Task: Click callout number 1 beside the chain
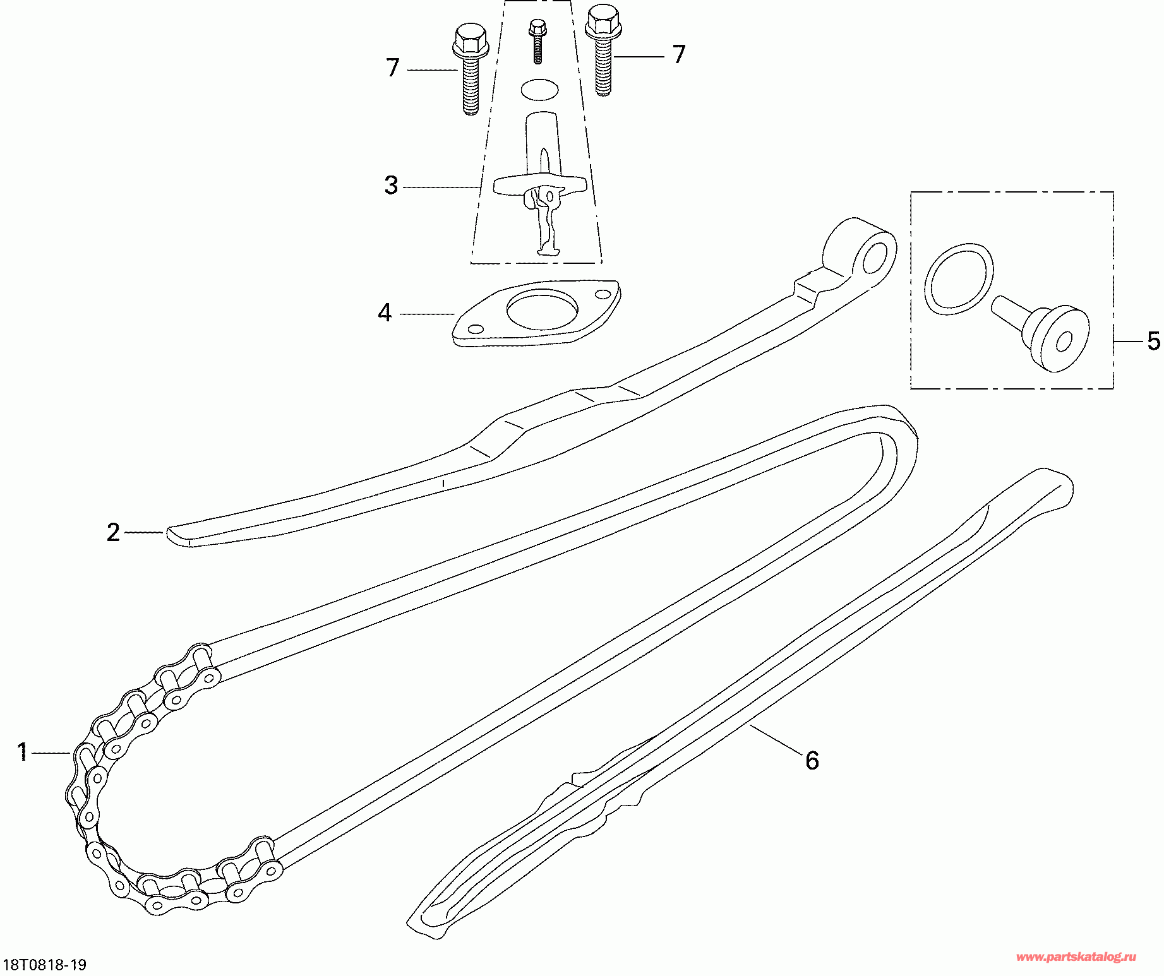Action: tap(23, 752)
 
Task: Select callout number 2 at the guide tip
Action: tap(113, 532)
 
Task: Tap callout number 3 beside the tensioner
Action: tap(392, 185)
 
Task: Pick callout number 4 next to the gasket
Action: tap(385, 312)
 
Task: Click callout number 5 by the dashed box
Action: tap(1154, 341)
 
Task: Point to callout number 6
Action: tap(812, 760)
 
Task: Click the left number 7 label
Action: tap(393, 68)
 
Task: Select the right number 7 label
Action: tap(679, 54)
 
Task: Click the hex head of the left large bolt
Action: tap(471, 42)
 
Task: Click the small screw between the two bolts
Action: tap(537, 42)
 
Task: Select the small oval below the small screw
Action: tap(540, 90)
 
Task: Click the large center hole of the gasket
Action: tap(542, 309)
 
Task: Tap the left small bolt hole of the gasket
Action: tap(475, 329)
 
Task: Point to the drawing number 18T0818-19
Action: tap(45, 965)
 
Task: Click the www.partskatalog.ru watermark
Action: tap(1076, 957)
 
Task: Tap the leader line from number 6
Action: tap(776, 739)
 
